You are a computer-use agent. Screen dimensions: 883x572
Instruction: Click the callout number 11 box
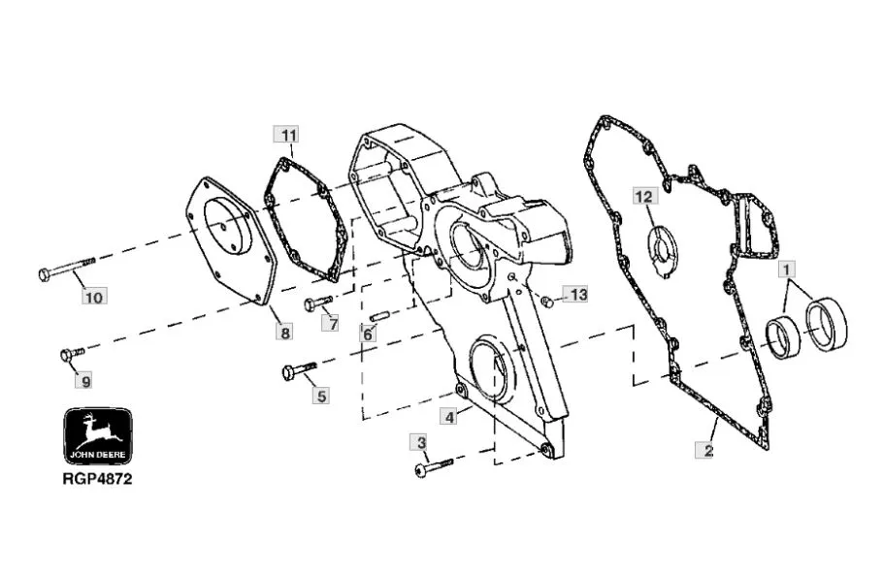coord(286,135)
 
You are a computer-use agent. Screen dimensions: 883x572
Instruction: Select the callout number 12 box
coord(645,196)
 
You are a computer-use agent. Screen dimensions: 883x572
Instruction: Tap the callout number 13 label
coord(576,294)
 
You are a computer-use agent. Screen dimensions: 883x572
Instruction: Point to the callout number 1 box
coord(786,269)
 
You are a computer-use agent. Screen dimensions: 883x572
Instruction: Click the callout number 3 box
coord(422,443)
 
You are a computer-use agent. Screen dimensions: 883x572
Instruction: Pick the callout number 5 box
coord(321,396)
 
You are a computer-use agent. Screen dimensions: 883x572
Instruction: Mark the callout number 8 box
coord(285,333)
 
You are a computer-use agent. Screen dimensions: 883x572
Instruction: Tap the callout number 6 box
coord(368,334)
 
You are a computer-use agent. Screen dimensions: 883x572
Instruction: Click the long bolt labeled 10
coord(69,269)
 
